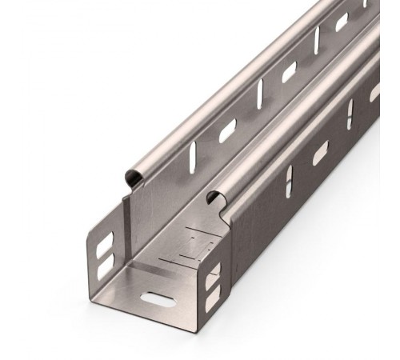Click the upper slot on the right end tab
point(212,282)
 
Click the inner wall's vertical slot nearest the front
point(192,158)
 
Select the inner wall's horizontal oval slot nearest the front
point(228,129)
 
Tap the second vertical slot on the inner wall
point(261,94)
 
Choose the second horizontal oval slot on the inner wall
point(289,72)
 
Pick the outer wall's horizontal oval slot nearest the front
point(320,152)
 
